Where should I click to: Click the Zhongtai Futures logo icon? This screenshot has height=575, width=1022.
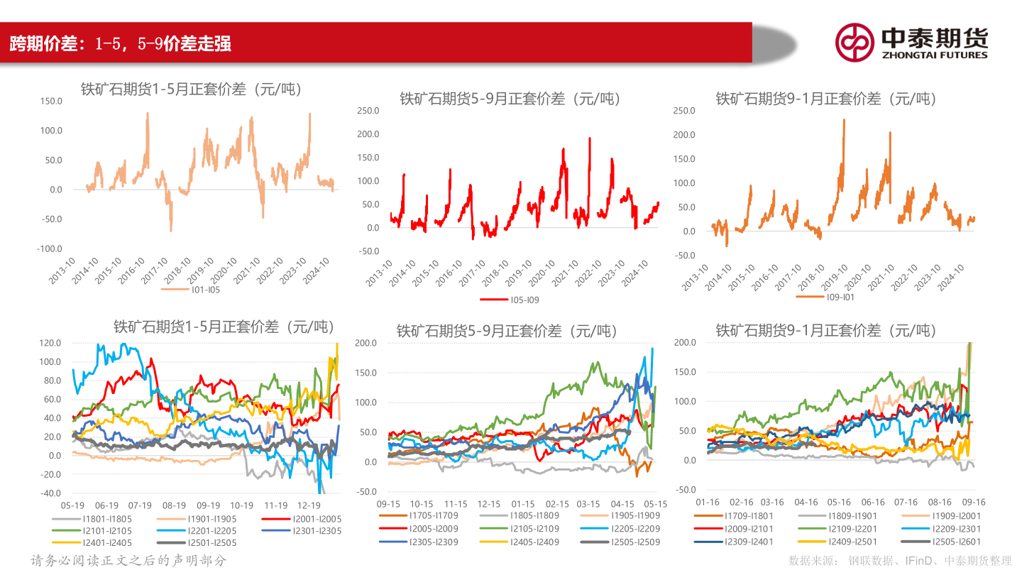[855, 42]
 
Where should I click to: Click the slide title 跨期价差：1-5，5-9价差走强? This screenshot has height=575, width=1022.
[121, 44]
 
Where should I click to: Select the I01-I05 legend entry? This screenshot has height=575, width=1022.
[200, 290]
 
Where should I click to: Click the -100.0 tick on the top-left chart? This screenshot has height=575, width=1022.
[50, 248]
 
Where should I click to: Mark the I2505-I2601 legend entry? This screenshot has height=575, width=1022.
[955, 542]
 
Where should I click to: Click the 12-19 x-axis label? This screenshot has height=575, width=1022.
[309, 505]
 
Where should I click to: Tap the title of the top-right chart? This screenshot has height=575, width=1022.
[826, 99]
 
